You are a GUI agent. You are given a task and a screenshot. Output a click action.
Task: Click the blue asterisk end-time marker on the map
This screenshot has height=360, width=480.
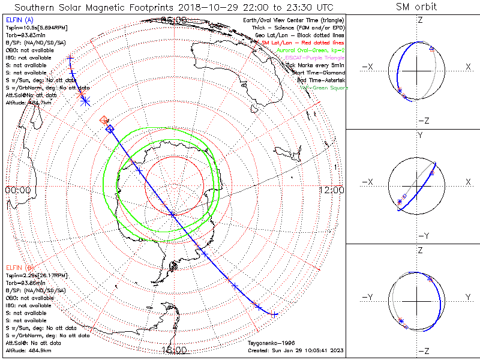tap(85, 101)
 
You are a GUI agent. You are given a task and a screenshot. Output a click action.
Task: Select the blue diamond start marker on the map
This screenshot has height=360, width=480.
tap(109, 128)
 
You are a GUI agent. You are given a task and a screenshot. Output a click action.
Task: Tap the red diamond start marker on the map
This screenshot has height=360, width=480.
tap(104, 120)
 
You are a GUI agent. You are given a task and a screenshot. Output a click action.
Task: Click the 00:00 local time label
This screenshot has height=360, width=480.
tap(17, 190)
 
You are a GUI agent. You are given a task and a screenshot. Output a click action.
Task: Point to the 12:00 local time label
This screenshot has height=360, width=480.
tap(331, 190)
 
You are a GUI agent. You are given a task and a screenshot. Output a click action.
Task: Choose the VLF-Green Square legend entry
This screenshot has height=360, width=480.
tap(323, 88)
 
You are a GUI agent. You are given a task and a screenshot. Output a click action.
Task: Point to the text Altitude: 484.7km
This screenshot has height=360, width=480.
tap(28, 103)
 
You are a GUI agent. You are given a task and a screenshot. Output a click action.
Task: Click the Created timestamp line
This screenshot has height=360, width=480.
tap(295, 350)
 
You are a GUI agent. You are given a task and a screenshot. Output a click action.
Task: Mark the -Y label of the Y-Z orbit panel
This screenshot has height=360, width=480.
tap(371, 297)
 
